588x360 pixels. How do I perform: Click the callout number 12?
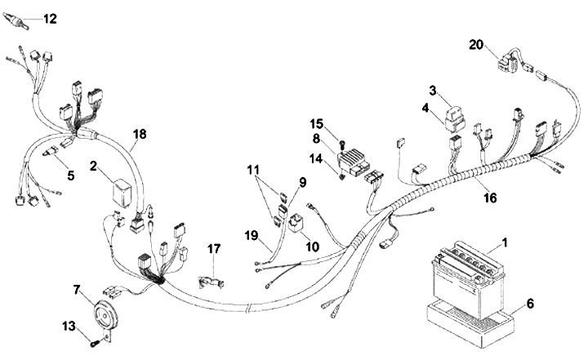tap(50, 19)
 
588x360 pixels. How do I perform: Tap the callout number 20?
tap(476, 45)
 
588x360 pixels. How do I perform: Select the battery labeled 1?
tap(468, 280)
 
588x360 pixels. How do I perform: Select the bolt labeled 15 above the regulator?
tap(341, 143)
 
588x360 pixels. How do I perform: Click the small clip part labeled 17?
tap(210, 282)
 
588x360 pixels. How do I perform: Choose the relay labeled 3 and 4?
tap(455, 119)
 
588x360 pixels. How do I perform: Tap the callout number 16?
tap(490, 198)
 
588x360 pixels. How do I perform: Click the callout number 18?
tap(140, 134)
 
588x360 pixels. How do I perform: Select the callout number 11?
tap(253, 170)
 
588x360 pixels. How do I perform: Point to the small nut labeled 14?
tap(341, 176)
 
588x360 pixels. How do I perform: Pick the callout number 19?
tap(252, 235)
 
